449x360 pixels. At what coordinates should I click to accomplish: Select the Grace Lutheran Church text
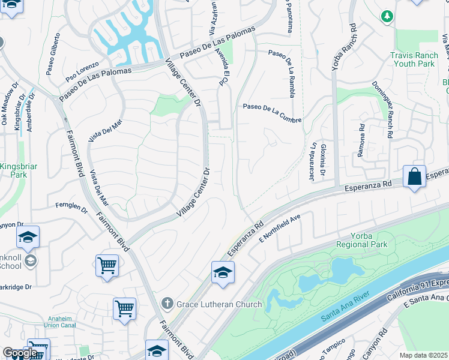click(220, 304)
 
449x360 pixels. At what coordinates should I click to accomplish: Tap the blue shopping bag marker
click(414, 177)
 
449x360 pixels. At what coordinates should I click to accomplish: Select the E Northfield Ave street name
click(279, 229)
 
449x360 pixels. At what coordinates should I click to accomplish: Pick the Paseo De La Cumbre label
click(272, 113)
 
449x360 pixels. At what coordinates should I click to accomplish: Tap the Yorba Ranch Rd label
click(344, 46)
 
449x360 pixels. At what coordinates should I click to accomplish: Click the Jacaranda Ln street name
click(313, 158)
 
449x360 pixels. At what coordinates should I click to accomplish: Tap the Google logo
click(19, 353)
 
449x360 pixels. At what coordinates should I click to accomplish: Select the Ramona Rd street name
click(361, 140)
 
